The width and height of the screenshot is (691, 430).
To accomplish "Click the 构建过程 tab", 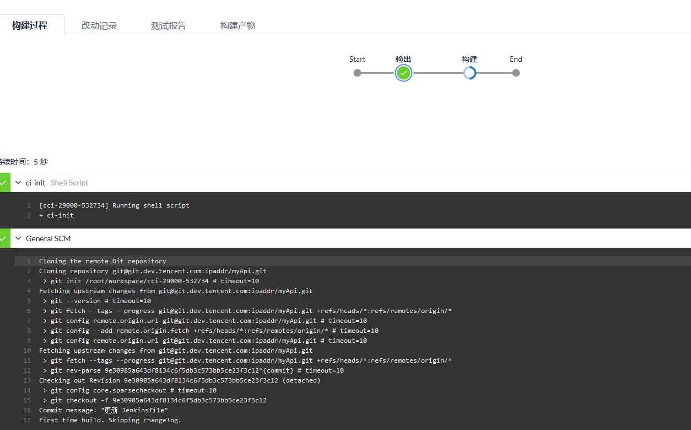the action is pos(30,25).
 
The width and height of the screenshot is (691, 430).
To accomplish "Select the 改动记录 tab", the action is pos(99,25).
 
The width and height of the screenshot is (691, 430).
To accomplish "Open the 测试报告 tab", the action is pos(169,25).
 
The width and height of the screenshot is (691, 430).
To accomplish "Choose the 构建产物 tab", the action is pos(238,25).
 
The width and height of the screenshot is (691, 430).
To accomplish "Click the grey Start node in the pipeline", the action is pos(357,73).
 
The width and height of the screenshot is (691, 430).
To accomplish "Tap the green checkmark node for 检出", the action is pos(403,73).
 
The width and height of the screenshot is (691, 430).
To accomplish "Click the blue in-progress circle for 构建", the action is pos(469,73).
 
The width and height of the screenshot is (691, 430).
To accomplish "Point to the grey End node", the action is pos(516,73).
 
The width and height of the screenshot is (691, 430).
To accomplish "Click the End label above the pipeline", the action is pos(516,60).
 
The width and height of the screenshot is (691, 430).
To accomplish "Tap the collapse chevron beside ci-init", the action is pos(18,183).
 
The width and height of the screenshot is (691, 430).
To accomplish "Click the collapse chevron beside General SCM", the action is pos(18,238).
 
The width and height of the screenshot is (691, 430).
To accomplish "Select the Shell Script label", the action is pos(69,183).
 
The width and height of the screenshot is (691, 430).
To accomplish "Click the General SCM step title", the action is pos(48,238).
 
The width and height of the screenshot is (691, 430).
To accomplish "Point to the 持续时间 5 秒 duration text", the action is pos(24,162).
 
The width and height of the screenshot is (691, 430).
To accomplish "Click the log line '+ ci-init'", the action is pos(56,215).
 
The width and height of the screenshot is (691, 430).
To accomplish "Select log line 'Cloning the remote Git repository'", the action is pos(102,261).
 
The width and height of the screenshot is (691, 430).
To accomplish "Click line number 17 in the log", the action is pos(28,420).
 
